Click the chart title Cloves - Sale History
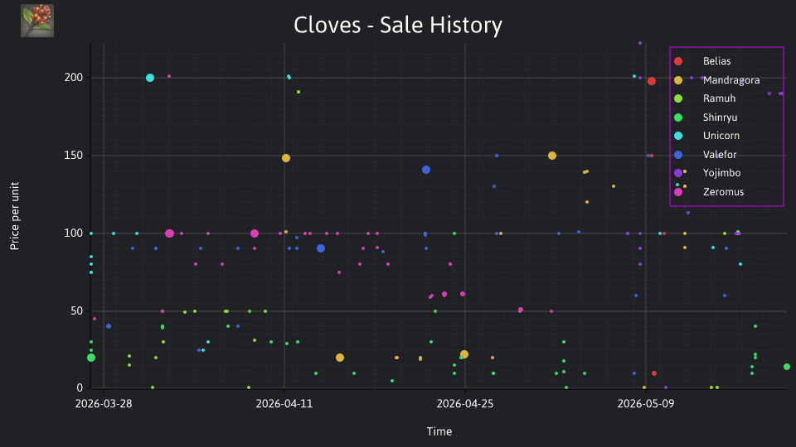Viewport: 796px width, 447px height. point(398,25)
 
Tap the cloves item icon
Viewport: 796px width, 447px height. point(37,21)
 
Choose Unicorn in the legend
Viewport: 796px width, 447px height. point(706,136)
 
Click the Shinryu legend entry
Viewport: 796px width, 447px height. point(705,118)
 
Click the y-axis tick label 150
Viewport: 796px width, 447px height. point(74,156)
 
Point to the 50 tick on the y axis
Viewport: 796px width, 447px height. point(76,311)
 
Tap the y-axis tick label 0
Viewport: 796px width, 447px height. point(80,388)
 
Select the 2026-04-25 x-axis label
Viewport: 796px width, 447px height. point(465,404)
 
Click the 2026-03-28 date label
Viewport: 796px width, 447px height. point(104,404)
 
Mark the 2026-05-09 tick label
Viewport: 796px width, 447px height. point(646,404)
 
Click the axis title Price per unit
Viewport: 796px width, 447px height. point(15,216)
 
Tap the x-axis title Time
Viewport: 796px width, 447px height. point(439,432)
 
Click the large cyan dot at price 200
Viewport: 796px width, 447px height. point(150,78)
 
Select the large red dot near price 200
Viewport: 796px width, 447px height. point(652,81)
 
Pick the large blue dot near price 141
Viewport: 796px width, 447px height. point(426,170)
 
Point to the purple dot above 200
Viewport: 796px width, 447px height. point(640,43)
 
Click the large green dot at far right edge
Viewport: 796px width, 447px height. point(787,367)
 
